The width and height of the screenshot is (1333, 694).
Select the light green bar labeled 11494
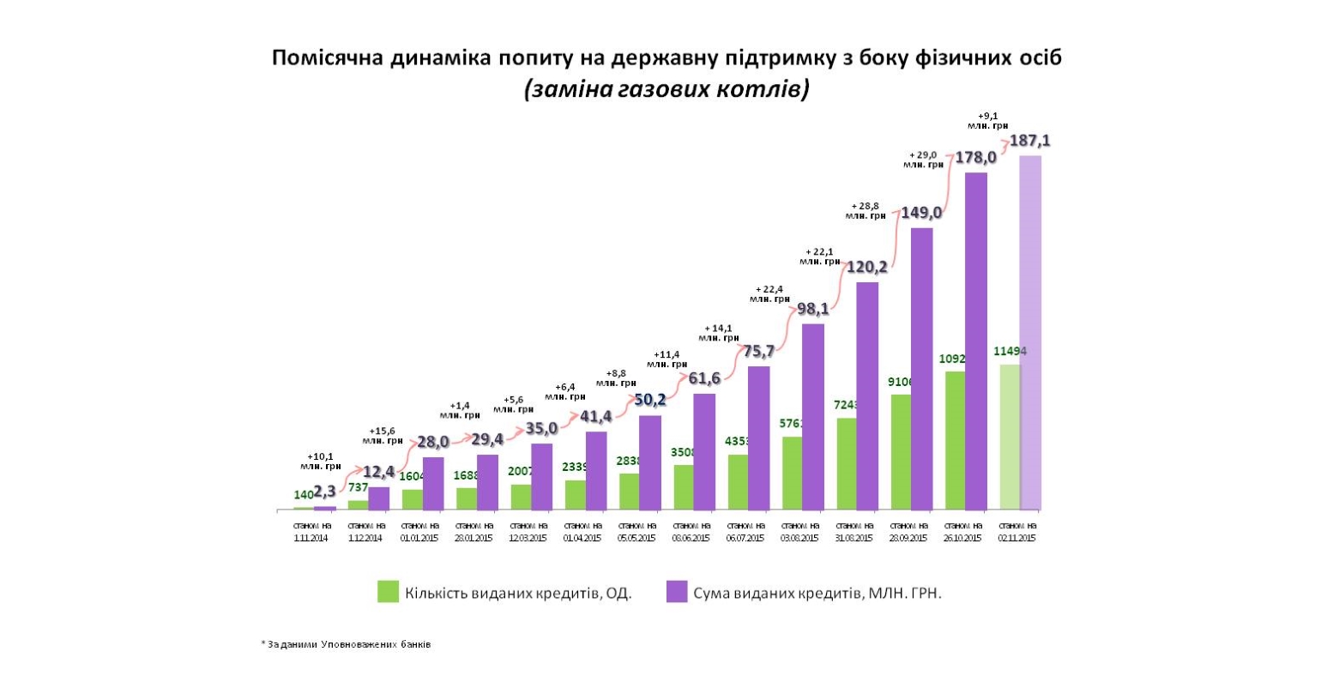[x=1010, y=437]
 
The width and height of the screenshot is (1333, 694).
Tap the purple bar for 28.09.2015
[x=921, y=369]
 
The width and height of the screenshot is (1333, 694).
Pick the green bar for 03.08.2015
[x=792, y=473]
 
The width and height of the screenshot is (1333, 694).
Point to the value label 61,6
[x=704, y=378]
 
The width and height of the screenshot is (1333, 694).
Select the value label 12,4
[x=378, y=472]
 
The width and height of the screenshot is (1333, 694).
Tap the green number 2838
[x=630, y=461]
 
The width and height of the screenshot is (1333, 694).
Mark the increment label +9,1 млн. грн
[x=987, y=120]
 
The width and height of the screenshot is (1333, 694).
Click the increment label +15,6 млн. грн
[x=383, y=435]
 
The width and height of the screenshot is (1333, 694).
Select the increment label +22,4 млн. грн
[x=769, y=293]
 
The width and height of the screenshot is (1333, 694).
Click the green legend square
[x=388, y=592]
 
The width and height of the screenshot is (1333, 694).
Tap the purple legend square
[x=677, y=592]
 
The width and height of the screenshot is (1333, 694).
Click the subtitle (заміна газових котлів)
[x=666, y=89]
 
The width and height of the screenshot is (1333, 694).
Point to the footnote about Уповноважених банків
[x=346, y=644]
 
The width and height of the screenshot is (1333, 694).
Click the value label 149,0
[x=921, y=213]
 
